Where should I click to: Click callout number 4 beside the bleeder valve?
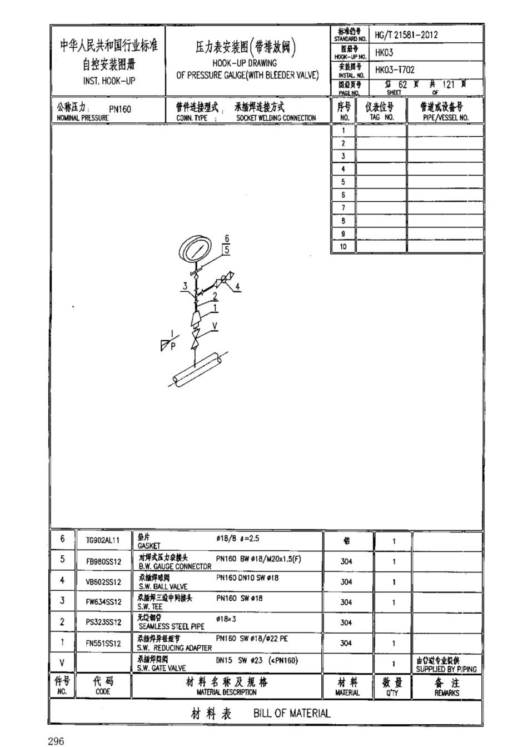point(237,287)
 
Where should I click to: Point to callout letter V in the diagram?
point(215,326)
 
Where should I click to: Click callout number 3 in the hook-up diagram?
point(185,286)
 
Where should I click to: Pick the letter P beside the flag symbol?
point(173,346)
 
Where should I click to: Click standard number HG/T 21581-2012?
point(406,34)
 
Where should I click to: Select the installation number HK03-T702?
point(395,70)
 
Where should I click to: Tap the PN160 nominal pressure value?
point(119,109)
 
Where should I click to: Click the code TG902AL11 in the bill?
point(103,540)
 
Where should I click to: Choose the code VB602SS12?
point(103,582)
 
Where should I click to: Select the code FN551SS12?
point(103,644)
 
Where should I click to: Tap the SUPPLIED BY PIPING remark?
point(446,669)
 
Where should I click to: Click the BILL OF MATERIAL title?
point(292,713)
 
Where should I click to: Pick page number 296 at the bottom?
point(56,741)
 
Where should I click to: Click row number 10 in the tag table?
point(343,246)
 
